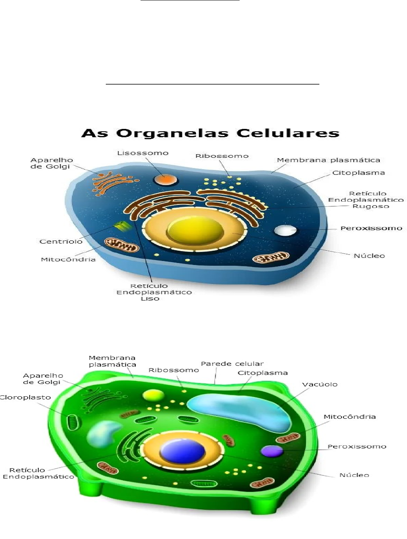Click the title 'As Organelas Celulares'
tap(210, 133)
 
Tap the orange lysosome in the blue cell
tap(165, 180)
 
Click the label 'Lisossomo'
tap(143, 153)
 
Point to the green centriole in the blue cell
tap(122, 226)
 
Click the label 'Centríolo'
tap(61, 241)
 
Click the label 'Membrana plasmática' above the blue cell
tap(328, 160)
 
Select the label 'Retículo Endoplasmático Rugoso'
tap(366, 200)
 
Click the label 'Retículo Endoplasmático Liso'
tap(154, 292)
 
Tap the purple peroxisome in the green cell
tap(272, 451)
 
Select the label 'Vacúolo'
tap(320, 384)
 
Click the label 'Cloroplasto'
tap(25, 397)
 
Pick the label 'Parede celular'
tap(232, 364)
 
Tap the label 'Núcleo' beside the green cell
tap(354, 475)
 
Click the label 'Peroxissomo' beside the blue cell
tap(371, 228)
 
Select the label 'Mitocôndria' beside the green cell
tap(349, 417)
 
